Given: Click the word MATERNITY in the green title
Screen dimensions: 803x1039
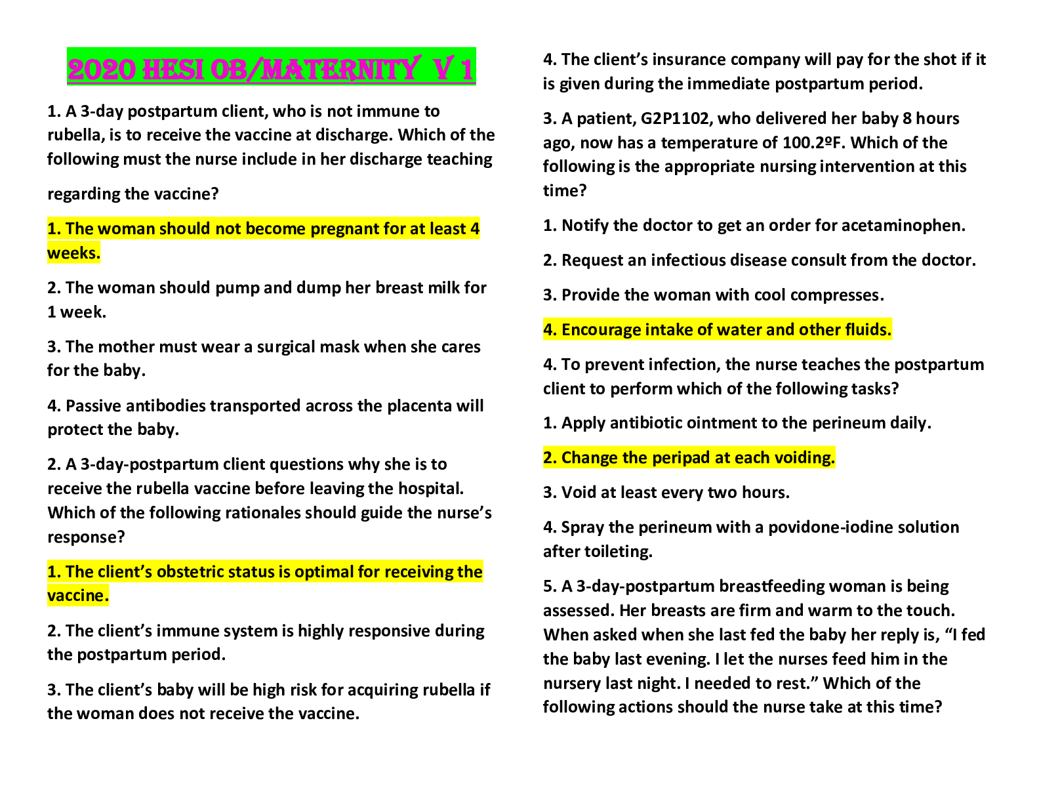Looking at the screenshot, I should pos(341,69).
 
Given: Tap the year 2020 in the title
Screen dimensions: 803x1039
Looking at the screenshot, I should pos(102,70).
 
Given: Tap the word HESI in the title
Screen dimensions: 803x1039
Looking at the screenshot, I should pos(173,70).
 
